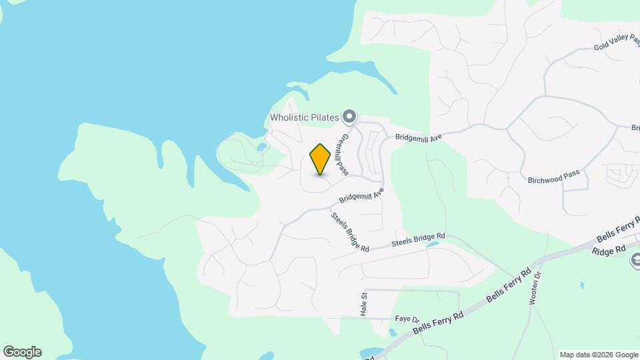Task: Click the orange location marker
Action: click(x=320, y=159)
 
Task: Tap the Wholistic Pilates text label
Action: click(x=305, y=117)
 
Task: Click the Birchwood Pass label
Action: click(x=553, y=177)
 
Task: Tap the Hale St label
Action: click(x=365, y=305)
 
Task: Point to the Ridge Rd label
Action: click(x=608, y=249)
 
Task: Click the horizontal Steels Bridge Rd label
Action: click(x=418, y=240)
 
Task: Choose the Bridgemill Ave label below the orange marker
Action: click(x=362, y=194)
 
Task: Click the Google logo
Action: click(x=22, y=352)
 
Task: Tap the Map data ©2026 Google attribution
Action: click(x=599, y=355)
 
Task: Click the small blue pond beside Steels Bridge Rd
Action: click(x=433, y=245)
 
